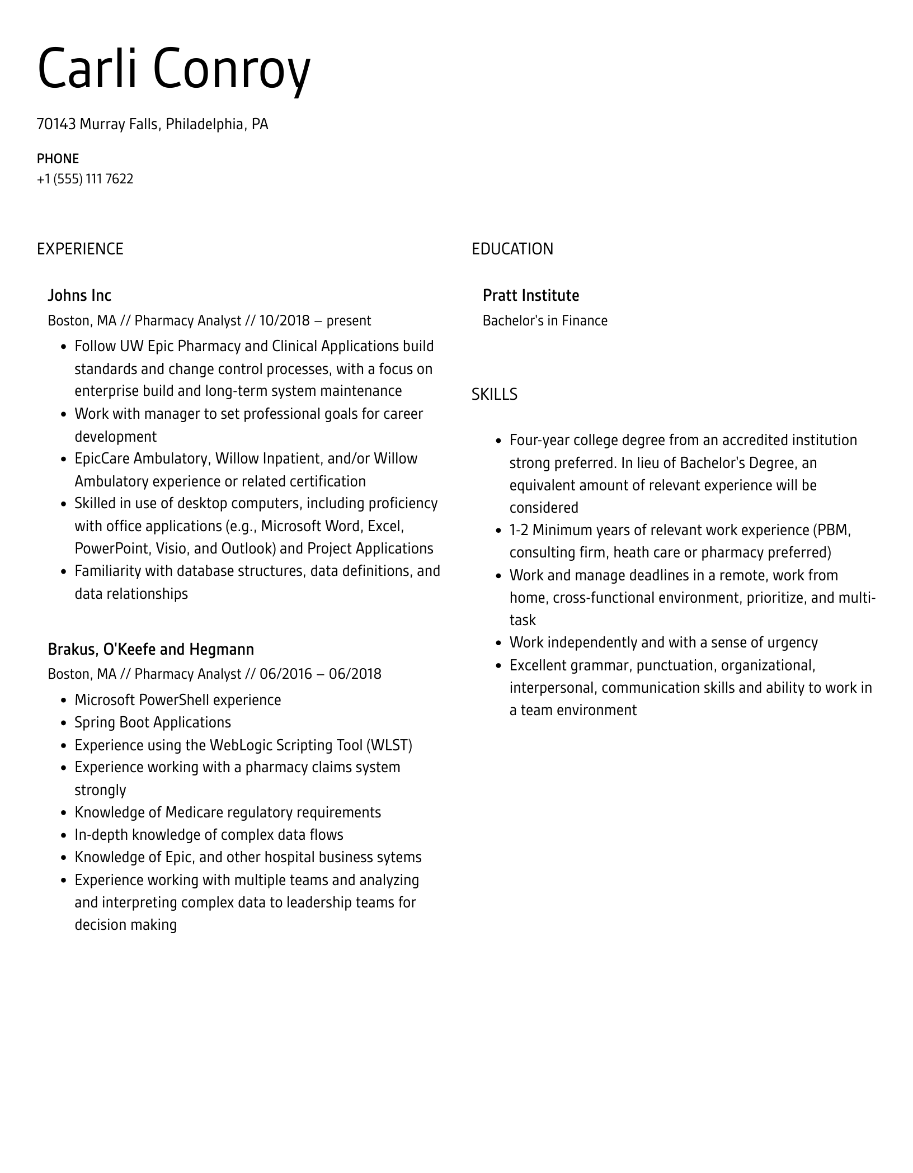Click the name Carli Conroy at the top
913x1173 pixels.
tap(173, 69)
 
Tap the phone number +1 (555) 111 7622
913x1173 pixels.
tap(85, 179)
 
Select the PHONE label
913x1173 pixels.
tap(58, 159)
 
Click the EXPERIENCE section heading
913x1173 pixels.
tap(80, 249)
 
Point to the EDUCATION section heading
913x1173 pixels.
tap(512, 249)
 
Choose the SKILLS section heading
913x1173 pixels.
tap(494, 394)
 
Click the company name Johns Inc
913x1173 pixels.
tap(79, 295)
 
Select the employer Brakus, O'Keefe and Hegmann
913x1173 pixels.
tap(150, 649)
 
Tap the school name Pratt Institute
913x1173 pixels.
tap(530, 295)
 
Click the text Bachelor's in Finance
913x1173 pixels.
tap(544, 320)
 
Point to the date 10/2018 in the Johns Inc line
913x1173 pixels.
tap(284, 320)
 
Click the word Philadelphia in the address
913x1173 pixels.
tap(204, 124)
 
